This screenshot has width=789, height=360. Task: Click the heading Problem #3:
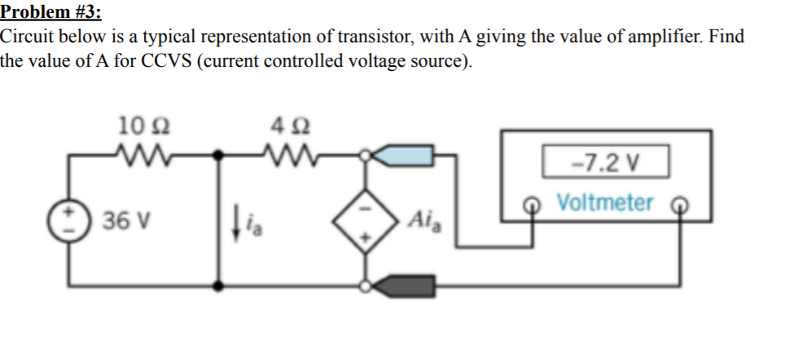[x=51, y=11]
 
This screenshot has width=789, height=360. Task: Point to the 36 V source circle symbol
[x=68, y=220]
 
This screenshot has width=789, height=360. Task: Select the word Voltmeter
[x=605, y=202]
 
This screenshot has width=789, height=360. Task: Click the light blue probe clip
[x=407, y=152]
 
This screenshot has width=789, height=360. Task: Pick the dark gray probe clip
[x=407, y=285]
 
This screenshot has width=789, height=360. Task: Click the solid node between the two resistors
[x=218, y=152]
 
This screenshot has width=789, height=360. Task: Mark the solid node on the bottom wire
[x=218, y=285]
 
